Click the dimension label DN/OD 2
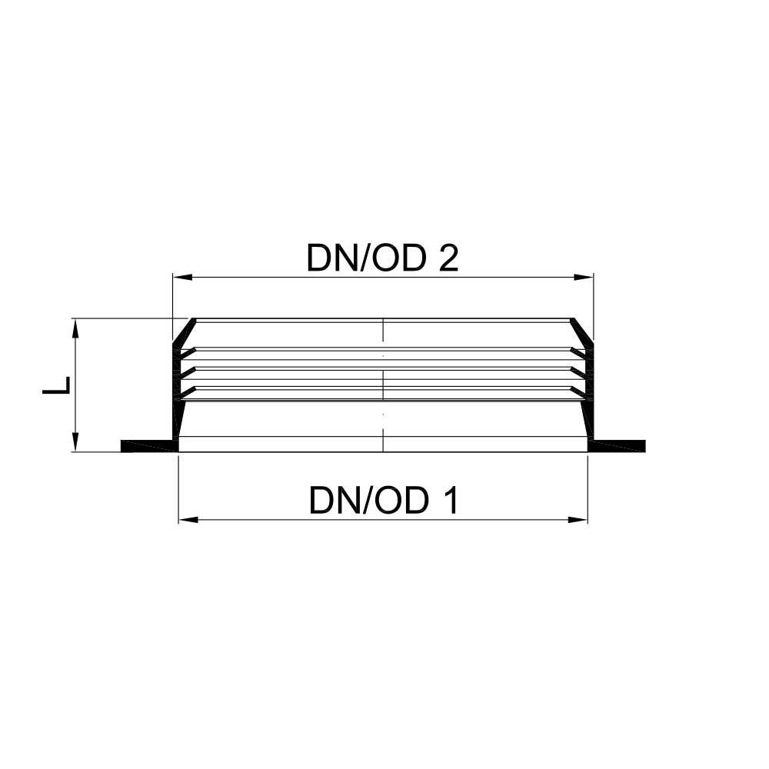point(382,258)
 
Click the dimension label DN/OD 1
point(384,501)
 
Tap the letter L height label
point(57,385)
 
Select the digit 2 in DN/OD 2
point(448,258)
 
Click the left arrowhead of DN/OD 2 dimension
point(182,278)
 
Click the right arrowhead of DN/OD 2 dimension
point(584,278)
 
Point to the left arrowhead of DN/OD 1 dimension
point(188,519)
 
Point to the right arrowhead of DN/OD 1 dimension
point(578,519)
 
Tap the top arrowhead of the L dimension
point(75,328)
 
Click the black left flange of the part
point(149,446)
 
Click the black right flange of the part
point(617,446)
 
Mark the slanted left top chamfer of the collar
point(184,330)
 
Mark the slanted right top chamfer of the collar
point(581,330)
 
